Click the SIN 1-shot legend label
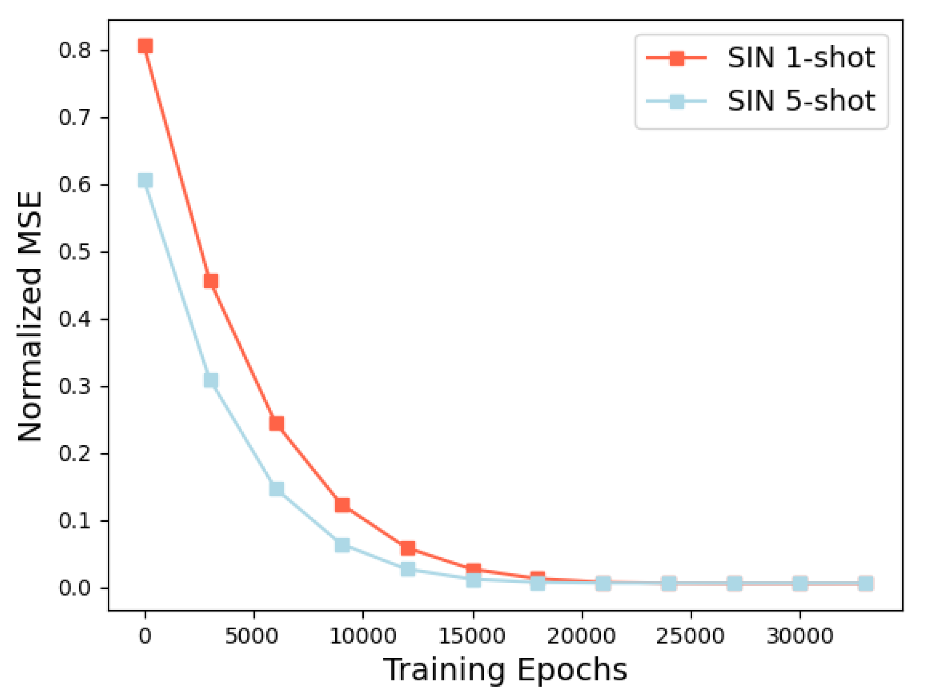(x=801, y=58)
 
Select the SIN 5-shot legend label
(x=801, y=101)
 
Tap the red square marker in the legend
(x=676, y=58)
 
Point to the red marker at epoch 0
(x=145, y=46)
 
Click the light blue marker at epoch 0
(x=145, y=180)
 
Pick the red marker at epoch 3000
(x=211, y=281)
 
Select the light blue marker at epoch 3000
(x=211, y=380)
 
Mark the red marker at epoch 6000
(x=277, y=423)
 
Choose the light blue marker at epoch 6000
(x=277, y=489)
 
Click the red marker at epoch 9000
(x=342, y=505)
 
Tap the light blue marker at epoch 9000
(x=342, y=545)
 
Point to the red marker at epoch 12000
(x=408, y=548)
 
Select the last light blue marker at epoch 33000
(x=866, y=583)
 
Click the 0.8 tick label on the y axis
(x=74, y=51)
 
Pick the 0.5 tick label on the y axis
(x=74, y=252)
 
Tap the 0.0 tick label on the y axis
(x=74, y=588)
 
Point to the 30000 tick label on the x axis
(x=800, y=636)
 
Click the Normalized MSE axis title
(x=30, y=316)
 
